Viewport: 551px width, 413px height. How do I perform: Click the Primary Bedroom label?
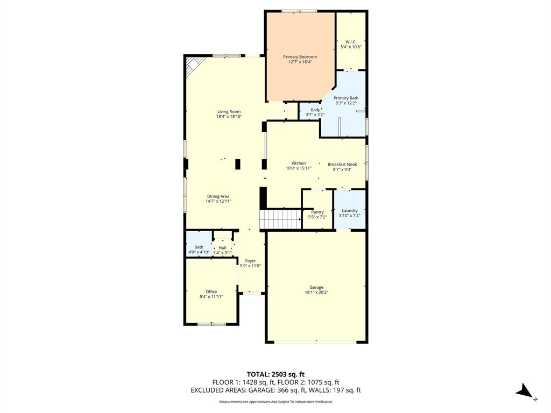tap(300, 57)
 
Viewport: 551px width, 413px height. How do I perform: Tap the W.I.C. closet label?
tap(351, 41)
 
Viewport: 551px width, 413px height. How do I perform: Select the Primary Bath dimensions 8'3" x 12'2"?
tap(345, 103)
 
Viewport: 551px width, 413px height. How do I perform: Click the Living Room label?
tap(229, 111)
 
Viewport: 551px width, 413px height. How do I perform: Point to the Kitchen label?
tap(299, 163)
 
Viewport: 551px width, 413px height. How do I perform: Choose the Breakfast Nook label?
tap(342, 164)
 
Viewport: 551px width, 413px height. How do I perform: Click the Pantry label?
tap(317, 212)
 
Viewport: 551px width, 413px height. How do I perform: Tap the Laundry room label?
tap(350, 210)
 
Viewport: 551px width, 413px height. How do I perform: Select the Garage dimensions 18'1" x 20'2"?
tap(316, 293)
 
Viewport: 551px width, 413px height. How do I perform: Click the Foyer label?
tap(251, 261)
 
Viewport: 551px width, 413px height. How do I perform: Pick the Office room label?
tap(211, 291)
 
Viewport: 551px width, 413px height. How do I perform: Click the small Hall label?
tap(222, 248)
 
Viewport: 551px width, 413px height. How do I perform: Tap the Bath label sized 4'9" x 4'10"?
tap(199, 247)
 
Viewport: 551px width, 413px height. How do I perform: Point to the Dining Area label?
tap(218, 196)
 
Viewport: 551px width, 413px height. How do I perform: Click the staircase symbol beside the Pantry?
tap(280, 219)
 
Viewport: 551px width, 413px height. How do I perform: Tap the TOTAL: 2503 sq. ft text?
tap(275, 374)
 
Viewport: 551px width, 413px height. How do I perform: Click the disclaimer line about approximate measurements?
tap(275, 402)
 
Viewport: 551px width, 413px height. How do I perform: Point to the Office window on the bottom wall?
tap(211, 324)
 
